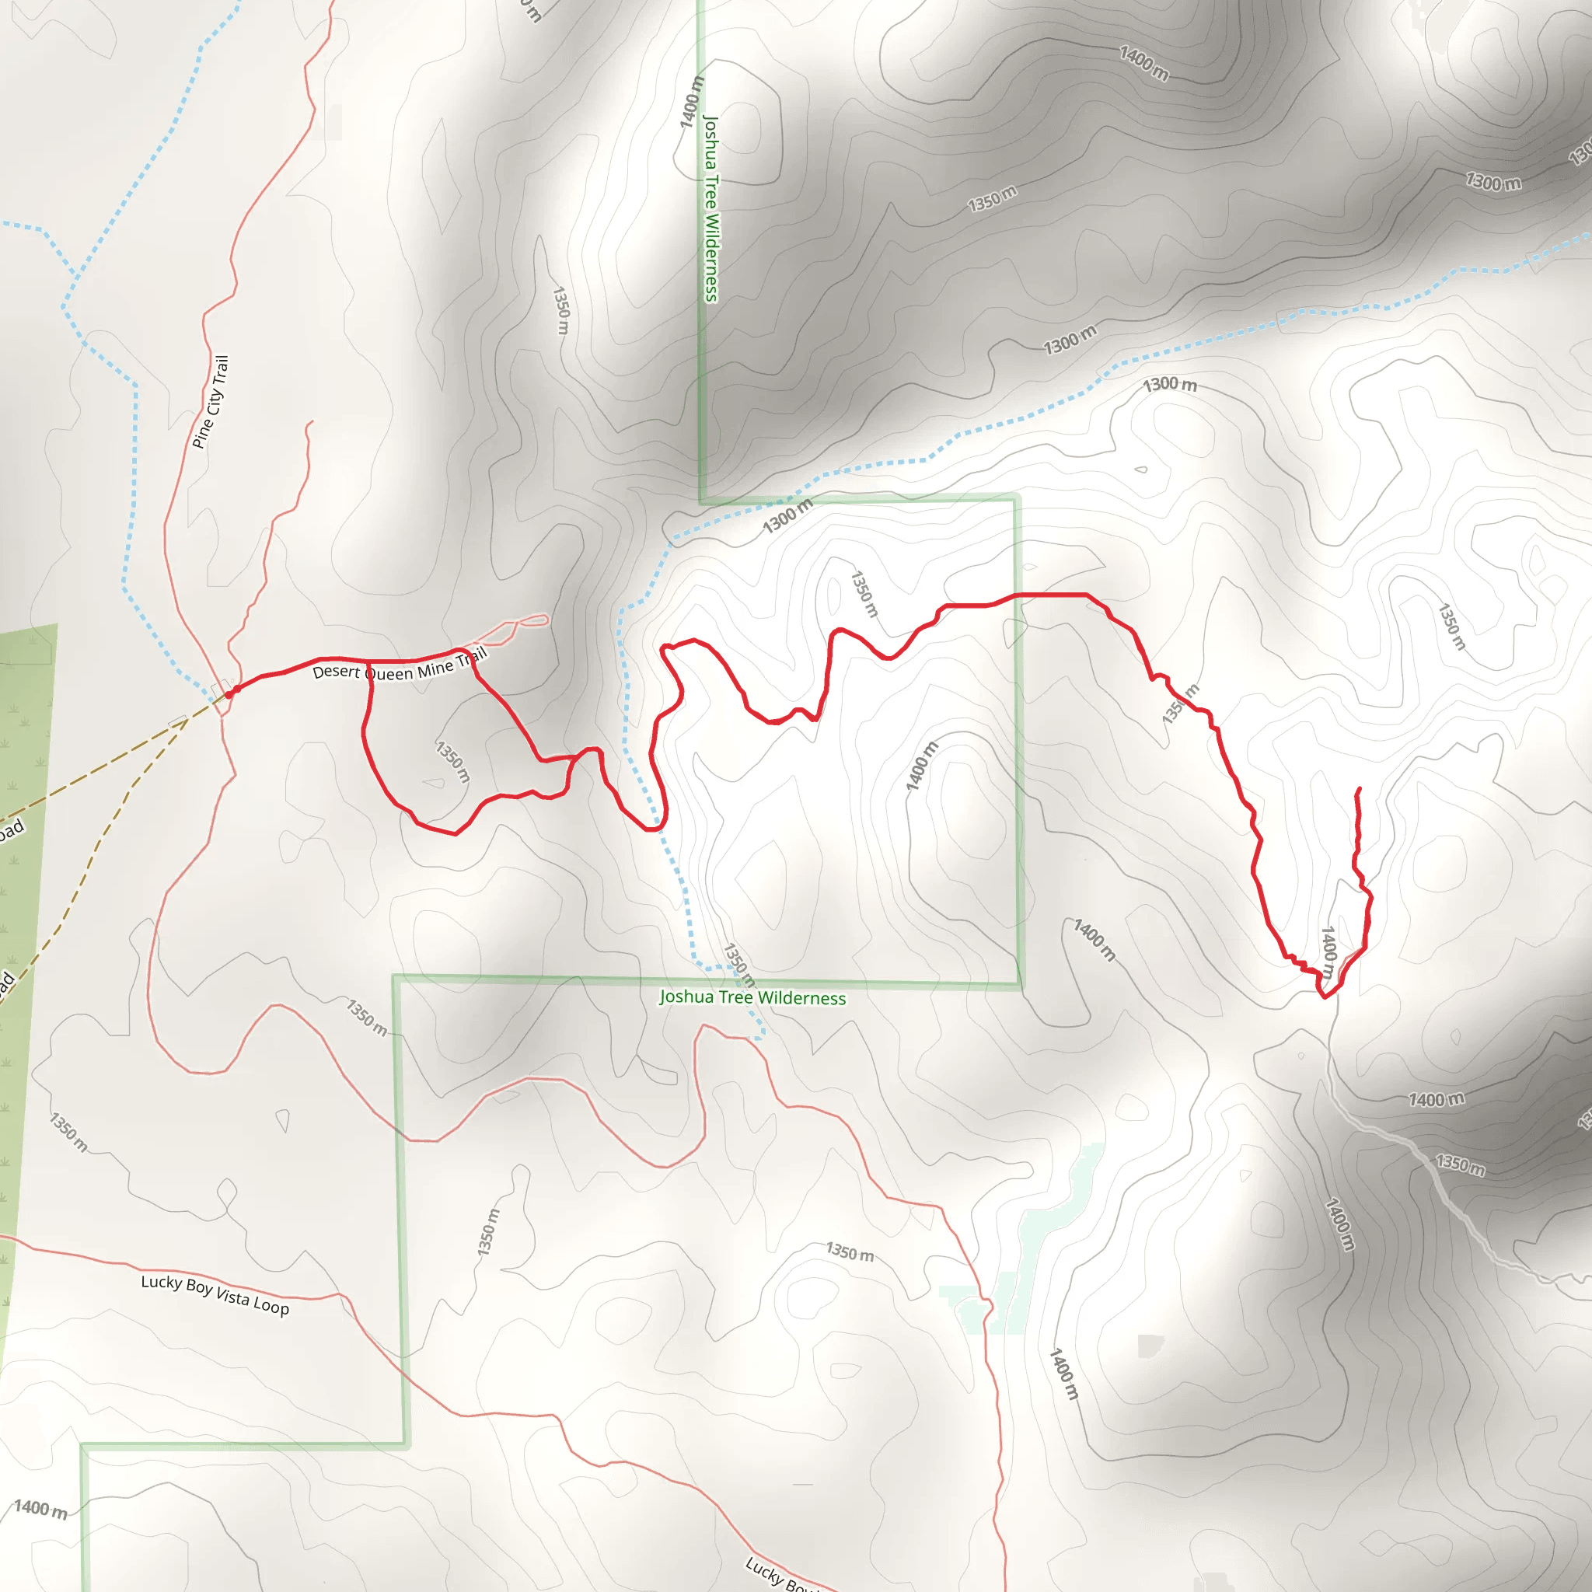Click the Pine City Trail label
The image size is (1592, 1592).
pyautogui.click(x=211, y=401)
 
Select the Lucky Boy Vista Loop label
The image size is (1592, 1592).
pyautogui.click(x=215, y=1294)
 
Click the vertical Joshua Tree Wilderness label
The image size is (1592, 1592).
pyautogui.click(x=710, y=208)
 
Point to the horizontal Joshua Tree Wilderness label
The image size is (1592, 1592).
pyautogui.click(x=752, y=998)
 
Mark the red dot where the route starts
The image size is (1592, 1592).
pyautogui.click(x=236, y=689)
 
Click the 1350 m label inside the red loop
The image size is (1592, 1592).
pyautogui.click(x=452, y=761)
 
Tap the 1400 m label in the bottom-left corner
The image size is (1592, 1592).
pyautogui.click(x=40, y=1509)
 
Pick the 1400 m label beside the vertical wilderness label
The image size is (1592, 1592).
pyautogui.click(x=691, y=102)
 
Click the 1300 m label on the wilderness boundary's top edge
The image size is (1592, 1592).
pyautogui.click(x=787, y=516)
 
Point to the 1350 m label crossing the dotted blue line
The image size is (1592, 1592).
pyautogui.click(x=738, y=965)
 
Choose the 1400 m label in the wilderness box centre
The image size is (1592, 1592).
pyautogui.click(x=921, y=766)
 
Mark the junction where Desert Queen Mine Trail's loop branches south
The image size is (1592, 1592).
pyautogui.click(x=368, y=662)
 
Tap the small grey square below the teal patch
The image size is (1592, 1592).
pyautogui.click(x=1150, y=1346)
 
